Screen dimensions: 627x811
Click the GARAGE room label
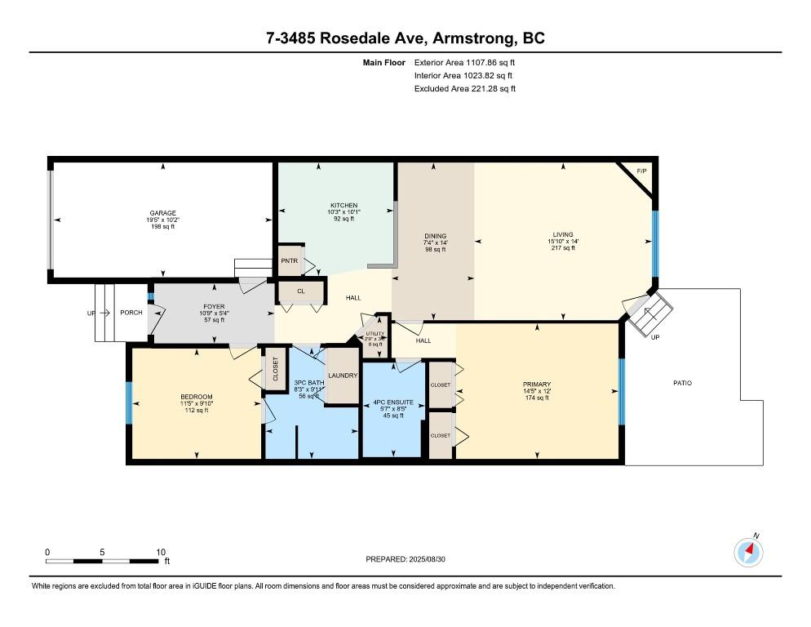[x=162, y=213]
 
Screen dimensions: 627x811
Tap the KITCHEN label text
[x=343, y=205]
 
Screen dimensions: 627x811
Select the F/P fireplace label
[x=641, y=171]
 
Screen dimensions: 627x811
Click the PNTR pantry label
[x=290, y=262]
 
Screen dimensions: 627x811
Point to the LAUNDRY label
[x=343, y=376]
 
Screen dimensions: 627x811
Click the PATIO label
[x=684, y=383]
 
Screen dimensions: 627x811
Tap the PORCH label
[x=131, y=313]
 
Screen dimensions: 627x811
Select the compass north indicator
[x=749, y=553]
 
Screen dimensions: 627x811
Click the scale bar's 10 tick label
[x=161, y=552]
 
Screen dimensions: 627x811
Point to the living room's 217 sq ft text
[x=562, y=248]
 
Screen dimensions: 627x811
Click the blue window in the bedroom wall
[x=128, y=402]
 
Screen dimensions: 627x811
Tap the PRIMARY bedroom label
[x=537, y=385]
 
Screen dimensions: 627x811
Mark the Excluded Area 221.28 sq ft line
[x=464, y=88]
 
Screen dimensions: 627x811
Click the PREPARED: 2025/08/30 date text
[x=405, y=559]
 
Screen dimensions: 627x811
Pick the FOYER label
[x=214, y=307]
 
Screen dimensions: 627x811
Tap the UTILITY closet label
[x=374, y=333]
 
